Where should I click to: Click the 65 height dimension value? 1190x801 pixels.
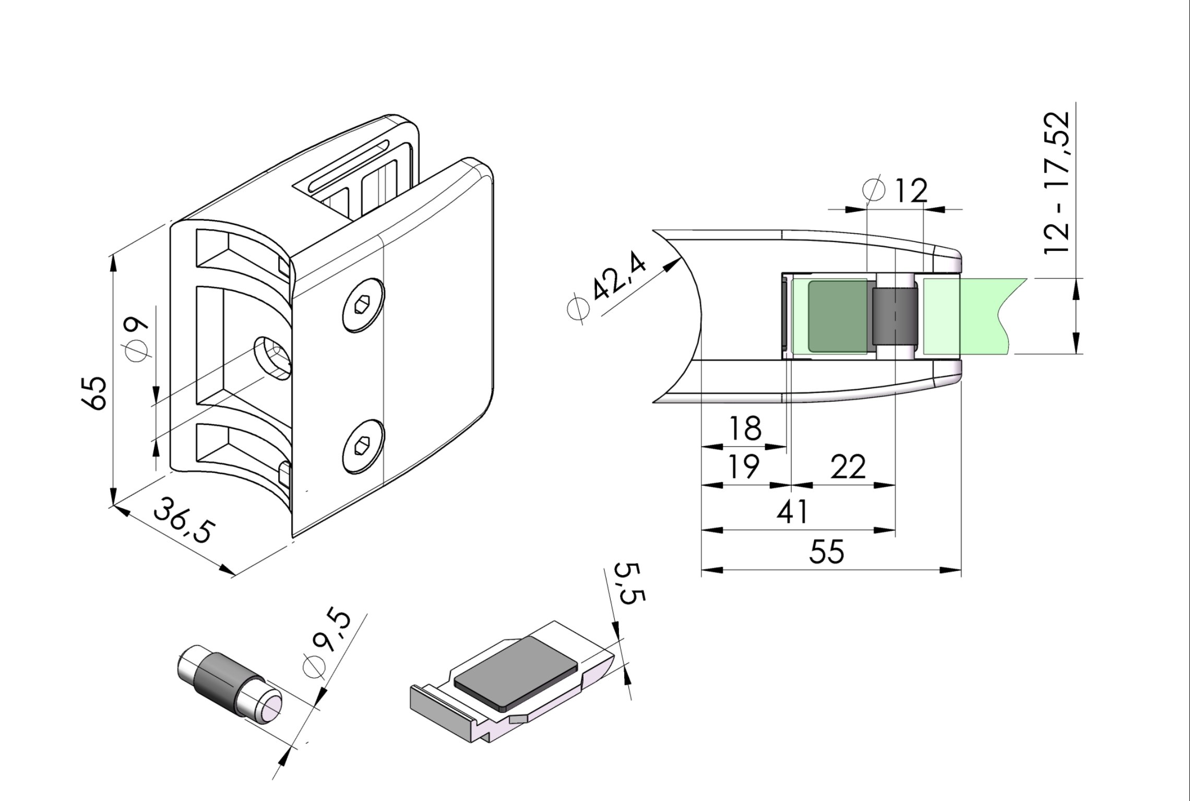(96, 392)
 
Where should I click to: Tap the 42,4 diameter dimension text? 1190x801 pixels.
(620, 275)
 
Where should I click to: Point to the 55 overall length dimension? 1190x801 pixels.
(827, 552)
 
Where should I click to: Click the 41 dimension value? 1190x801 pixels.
(792, 512)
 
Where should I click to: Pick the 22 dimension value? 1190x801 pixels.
(848, 467)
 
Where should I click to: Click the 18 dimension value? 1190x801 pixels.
(746, 428)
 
